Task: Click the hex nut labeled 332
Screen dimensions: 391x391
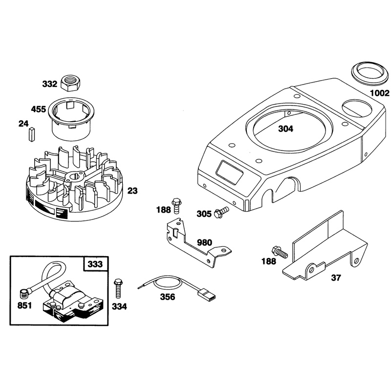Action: click(70, 83)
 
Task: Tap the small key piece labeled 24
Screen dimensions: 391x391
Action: click(32, 134)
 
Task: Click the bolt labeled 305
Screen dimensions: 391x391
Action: click(221, 212)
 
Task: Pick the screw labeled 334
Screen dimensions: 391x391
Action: click(118, 288)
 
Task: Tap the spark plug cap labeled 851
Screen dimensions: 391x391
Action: click(24, 294)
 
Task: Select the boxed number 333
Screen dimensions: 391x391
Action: click(95, 264)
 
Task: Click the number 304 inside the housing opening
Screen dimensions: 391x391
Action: click(285, 129)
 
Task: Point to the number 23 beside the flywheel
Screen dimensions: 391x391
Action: click(132, 191)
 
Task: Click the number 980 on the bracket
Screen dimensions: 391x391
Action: click(204, 242)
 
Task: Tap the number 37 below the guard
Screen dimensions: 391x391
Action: click(336, 278)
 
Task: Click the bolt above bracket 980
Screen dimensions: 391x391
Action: click(176, 206)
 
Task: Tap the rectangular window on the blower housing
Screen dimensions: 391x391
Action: click(229, 172)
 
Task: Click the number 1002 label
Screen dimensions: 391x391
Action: click(380, 93)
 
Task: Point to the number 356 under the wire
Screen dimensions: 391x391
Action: click(167, 297)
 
